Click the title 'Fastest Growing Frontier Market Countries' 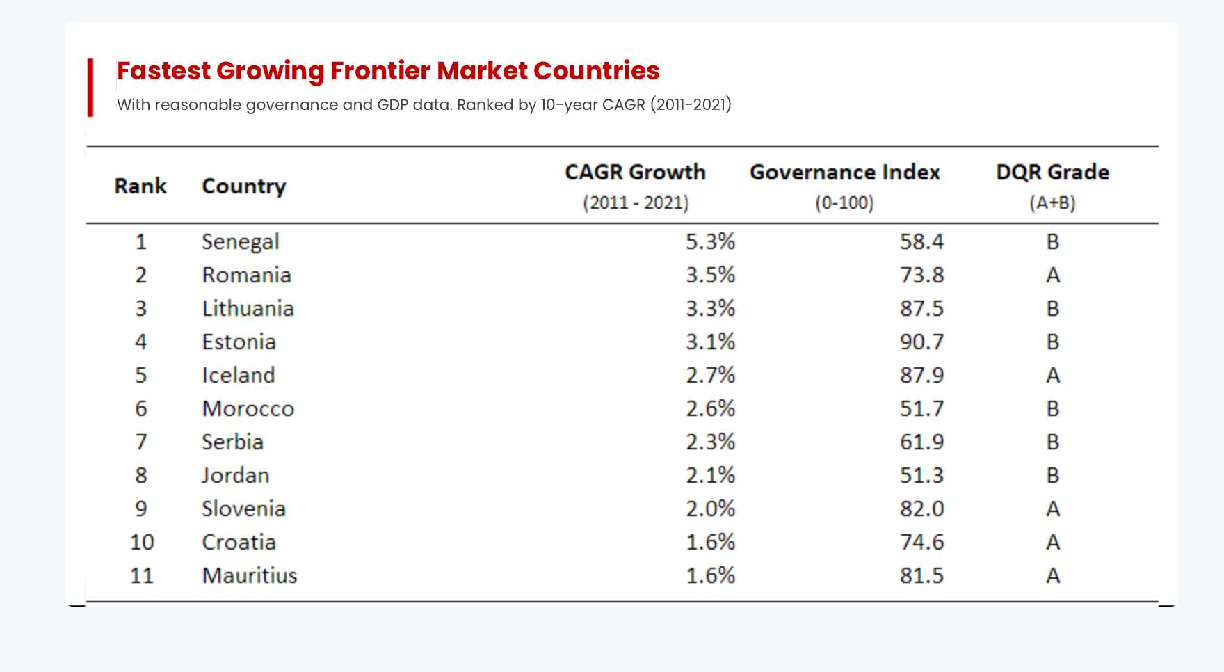click(x=388, y=71)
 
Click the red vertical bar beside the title click(x=90, y=88)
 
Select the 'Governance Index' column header click(x=844, y=173)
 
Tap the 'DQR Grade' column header click(x=1052, y=173)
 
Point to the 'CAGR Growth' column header click(x=635, y=173)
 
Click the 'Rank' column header click(x=140, y=186)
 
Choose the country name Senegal click(x=241, y=241)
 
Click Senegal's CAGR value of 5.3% click(x=710, y=241)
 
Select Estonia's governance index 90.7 click(x=921, y=342)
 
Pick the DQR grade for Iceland click(x=1053, y=375)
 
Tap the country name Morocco click(x=248, y=408)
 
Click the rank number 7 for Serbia click(x=141, y=442)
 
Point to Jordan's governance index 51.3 click(x=921, y=475)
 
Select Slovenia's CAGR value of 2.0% click(x=710, y=509)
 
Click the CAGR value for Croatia click(x=710, y=542)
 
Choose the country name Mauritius click(x=250, y=575)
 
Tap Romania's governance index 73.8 click(x=921, y=275)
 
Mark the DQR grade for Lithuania click(x=1053, y=308)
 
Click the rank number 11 click(x=141, y=575)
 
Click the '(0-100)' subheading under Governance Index click(x=844, y=203)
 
